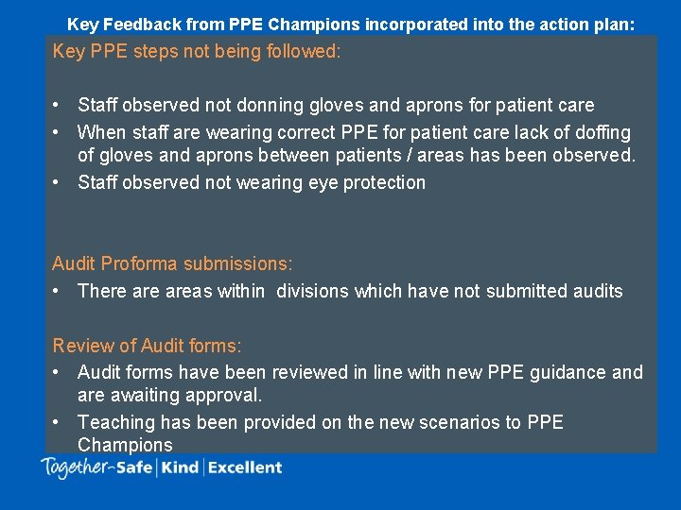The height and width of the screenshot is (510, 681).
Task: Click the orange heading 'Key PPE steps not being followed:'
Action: [x=197, y=51]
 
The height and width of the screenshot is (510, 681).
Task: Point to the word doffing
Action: [x=598, y=132]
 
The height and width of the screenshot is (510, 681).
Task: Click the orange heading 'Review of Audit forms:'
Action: [x=148, y=347]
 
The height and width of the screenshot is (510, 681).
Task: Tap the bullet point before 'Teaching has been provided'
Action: [x=58, y=422]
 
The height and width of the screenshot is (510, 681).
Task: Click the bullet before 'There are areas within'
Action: [x=58, y=291]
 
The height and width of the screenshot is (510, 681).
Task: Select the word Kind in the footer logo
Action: [x=180, y=467]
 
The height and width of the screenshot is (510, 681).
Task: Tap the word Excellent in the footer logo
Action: [x=245, y=467]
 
